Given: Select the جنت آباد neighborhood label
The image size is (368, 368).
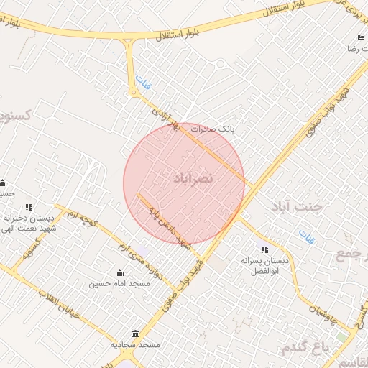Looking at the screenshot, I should [x=298, y=207].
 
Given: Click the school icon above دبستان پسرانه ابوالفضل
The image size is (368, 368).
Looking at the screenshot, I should [x=264, y=249].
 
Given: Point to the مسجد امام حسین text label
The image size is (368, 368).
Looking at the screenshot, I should [x=119, y=284].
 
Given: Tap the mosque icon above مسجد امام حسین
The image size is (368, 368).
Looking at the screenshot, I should [x=119, y=272].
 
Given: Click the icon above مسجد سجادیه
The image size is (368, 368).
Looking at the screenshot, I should [x=136, y=333].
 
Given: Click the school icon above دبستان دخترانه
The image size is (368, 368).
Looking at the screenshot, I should [x=29, y=207].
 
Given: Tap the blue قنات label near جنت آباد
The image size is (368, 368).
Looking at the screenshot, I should [x=307, y=236].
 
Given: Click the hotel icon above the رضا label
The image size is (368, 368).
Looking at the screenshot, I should [x=361, y=37].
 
